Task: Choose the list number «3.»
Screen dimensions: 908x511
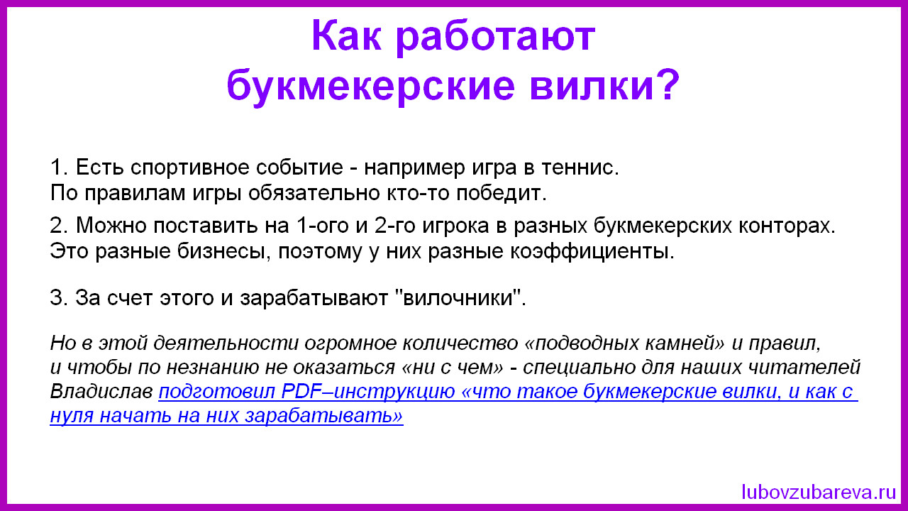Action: [x=59, y=297]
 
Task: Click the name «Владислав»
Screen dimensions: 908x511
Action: [x=101, y=391]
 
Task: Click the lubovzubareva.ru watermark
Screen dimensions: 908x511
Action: [x=819, y=492]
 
